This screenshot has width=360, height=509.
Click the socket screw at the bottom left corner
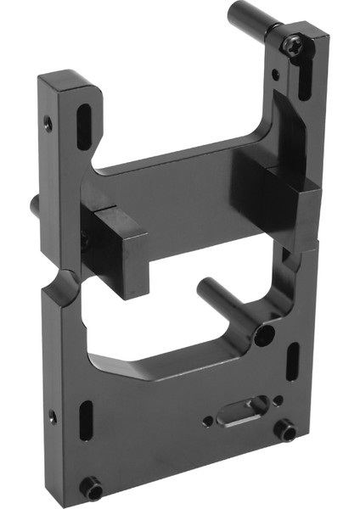click(x=91, y=489)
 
